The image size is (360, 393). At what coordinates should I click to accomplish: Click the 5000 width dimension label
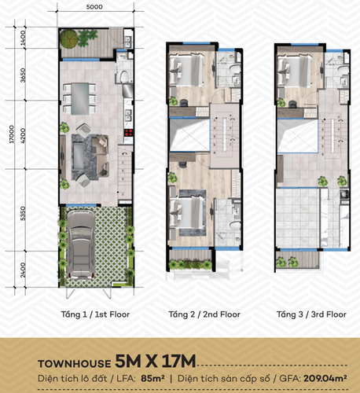[x=94, y=7]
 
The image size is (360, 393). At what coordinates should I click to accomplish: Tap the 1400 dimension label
[x=24, y=37]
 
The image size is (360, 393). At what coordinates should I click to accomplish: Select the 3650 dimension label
[x=24, y=77]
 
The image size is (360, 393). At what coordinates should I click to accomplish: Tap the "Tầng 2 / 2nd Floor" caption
[x=203, y=314]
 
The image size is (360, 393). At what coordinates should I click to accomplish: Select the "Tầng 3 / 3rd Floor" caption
[x=311, y=314]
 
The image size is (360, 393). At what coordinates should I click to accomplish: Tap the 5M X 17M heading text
[x=154, y=362]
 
